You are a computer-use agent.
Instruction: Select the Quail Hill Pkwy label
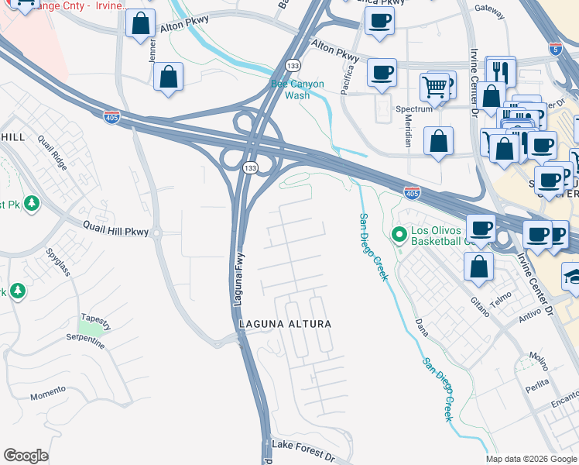pos(115,229)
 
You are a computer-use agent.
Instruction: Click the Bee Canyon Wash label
pos(297,90)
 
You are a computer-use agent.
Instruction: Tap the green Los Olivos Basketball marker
pos(399,232)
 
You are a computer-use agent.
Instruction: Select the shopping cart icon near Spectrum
pos(436,84)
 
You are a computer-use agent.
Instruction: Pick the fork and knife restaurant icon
pos(499,72)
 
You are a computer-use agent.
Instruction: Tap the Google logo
pos(26,456)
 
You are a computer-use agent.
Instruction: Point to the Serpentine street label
pos(86,342)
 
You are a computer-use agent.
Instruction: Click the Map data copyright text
pos(531,459)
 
